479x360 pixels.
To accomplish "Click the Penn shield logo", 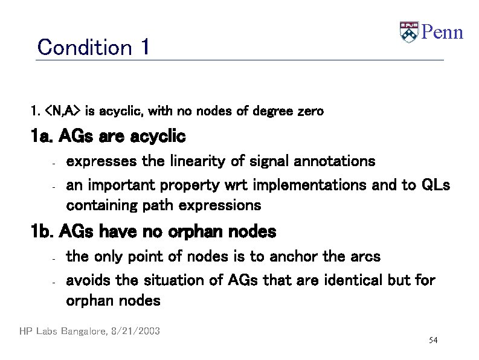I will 409,32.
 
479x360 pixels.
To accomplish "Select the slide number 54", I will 432,341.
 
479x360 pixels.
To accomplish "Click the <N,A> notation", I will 63,111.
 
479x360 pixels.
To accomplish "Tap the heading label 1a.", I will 43,137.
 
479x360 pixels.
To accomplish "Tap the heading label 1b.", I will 43,231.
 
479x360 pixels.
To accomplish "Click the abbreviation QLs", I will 434,185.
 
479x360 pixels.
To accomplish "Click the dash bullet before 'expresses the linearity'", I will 54,162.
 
